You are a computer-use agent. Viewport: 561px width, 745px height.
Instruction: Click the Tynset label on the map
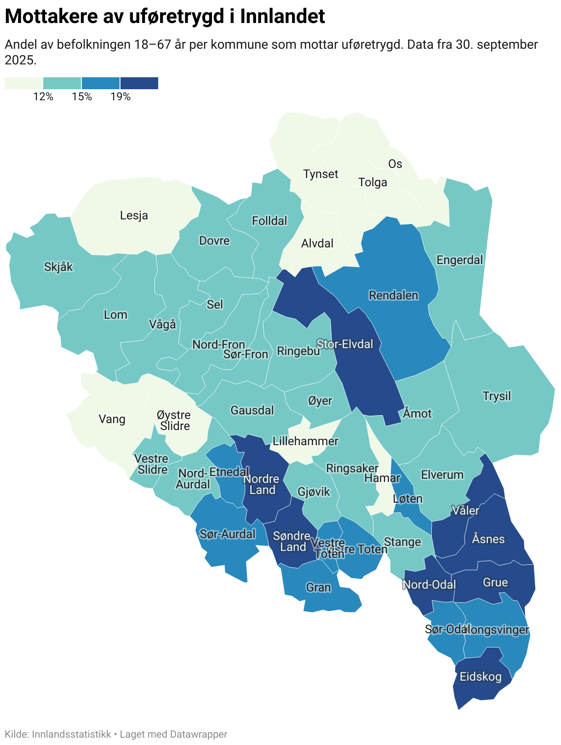click(321, 174)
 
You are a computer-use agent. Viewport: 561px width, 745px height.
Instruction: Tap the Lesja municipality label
click(134, 215)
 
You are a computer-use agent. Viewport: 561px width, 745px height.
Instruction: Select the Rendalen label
click(394, 295)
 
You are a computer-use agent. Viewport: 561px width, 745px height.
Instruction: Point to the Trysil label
click(497, 396)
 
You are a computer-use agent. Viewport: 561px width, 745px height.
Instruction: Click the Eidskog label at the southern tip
click(481, 677)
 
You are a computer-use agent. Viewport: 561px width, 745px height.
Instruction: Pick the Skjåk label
click(58, 267)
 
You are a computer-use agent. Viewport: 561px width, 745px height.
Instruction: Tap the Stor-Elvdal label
click(345, 344)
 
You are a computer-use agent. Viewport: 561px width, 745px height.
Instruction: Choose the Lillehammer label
click(305, 441)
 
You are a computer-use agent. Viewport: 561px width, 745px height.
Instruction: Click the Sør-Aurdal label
click(227, 534)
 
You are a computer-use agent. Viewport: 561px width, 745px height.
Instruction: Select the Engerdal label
click(460, 260)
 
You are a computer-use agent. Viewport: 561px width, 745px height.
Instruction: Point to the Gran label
click(318, 587)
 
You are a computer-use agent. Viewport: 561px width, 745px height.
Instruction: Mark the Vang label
click(112, 419)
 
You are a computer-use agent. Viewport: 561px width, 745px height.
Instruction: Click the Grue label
click(495, 582)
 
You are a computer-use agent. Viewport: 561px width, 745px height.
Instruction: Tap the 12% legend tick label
click(43, 97)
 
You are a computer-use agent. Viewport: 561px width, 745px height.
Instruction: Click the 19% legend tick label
click(120, 97)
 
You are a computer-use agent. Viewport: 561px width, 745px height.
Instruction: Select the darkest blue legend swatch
click(139, 83)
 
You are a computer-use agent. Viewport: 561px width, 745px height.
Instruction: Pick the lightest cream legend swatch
click(23, 83)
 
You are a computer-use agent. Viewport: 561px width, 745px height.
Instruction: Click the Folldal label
click(269, 221)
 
